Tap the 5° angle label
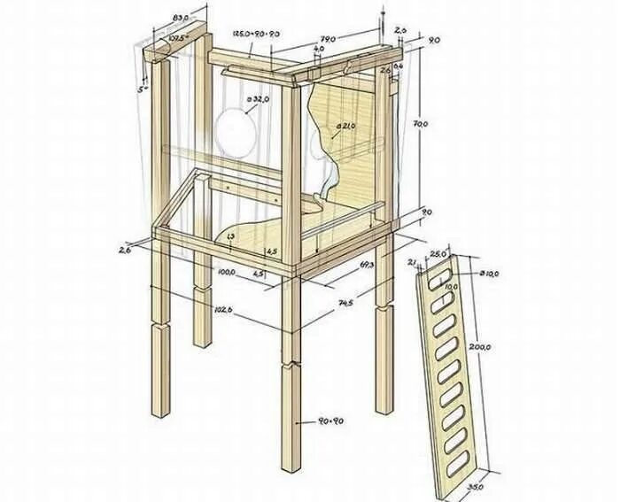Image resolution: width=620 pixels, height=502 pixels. point(143,89)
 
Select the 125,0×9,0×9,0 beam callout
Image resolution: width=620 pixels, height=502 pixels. point(256,33)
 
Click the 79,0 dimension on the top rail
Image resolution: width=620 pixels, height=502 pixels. point(327,38)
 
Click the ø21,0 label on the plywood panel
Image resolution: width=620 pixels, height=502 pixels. point(345,127)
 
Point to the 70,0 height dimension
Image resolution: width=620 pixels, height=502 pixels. point(421,125)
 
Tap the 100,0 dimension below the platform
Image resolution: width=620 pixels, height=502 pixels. point(225,272)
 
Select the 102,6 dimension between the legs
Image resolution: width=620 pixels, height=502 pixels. point(223,309)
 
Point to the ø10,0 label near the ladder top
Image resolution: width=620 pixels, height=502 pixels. point(490,274)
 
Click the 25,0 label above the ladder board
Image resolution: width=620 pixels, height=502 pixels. point(438,255)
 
